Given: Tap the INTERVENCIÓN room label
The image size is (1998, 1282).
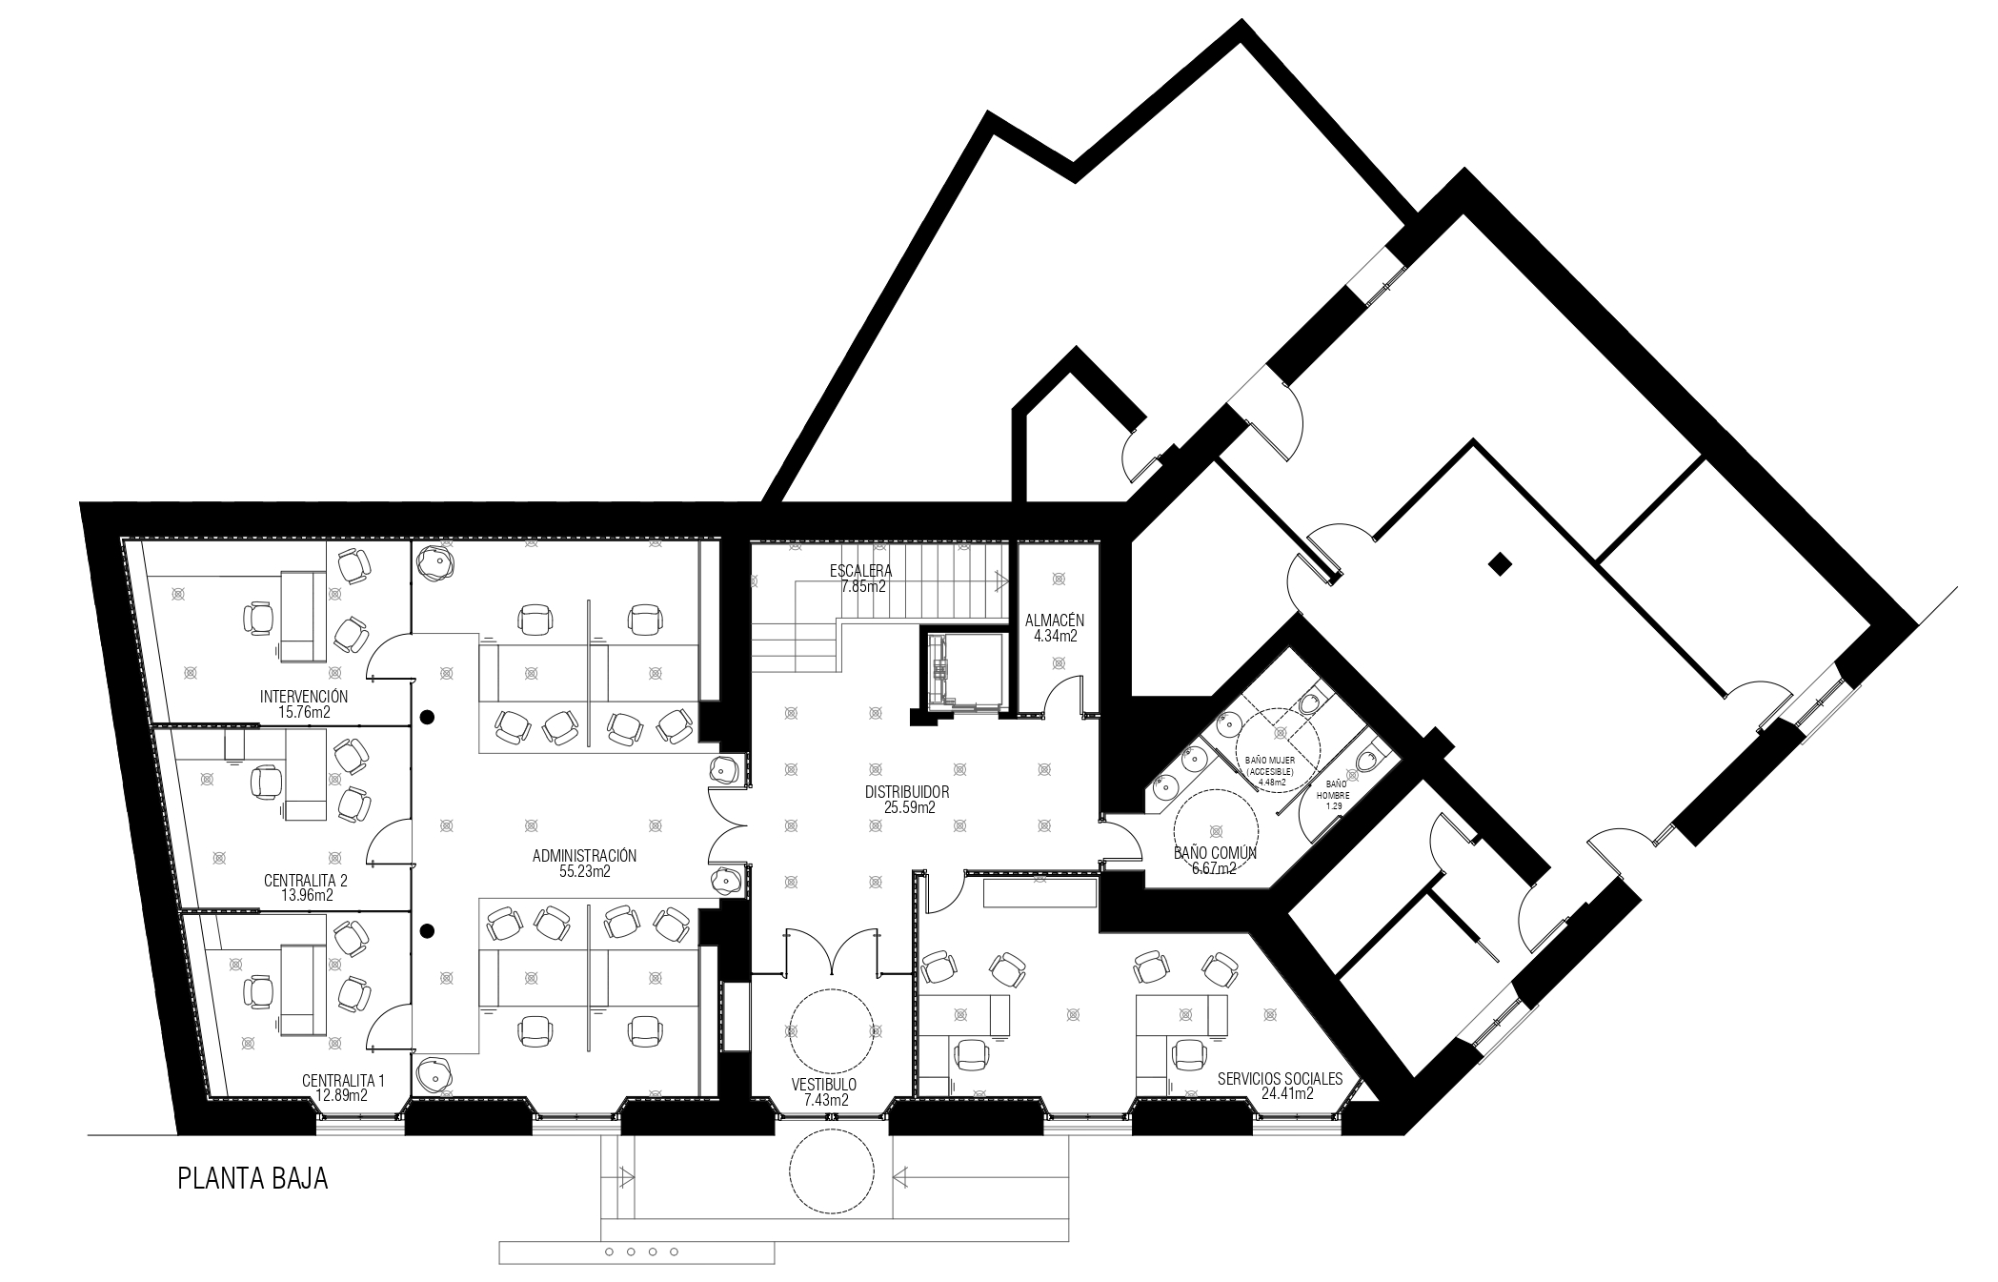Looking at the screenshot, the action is pyautogui.click(x=304, y=697).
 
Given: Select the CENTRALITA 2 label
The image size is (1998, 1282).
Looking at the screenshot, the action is pyautogui.click(x=305, y=881).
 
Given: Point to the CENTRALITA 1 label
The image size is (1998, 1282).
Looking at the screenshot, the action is pyautogui.click(x=343, y=1081).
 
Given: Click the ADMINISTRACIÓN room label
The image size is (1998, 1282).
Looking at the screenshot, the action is pyautogui.click(x=584, y=856).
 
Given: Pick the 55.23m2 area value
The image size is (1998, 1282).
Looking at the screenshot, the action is pyautogui.click(x=585, y=871).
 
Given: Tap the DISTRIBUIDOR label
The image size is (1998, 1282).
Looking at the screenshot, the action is pyautogui.click(x=907, y=792).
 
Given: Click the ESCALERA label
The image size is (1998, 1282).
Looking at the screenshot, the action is pyautogui.click(x=860, y=571).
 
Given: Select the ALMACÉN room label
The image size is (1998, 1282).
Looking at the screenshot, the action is pyautogui.click(x=1055, y=621).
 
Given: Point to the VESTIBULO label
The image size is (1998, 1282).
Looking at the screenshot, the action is pyautogui.click(x=824, y=1085).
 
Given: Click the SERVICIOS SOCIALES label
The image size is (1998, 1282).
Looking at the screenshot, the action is pyautogui.click(x=1280, y=1079).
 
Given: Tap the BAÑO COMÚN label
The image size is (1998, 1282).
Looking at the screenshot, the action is pyautogui.click(x=1215, y=853).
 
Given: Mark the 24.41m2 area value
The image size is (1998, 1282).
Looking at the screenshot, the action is pyautogui.click(x=1286, y=1094).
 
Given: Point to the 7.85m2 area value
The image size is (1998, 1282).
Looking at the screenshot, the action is pyautogui.click(x=862, y=586).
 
